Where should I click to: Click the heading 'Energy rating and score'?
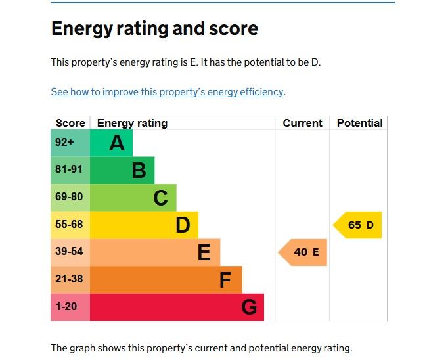point(154,29)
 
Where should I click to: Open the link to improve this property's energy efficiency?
point(168,92)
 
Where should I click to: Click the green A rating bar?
point(111,143)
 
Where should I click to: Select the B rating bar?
point(122,170)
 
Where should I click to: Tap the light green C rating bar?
point(133,198)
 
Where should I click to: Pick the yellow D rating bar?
point(144,225)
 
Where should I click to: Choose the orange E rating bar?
point(155,252)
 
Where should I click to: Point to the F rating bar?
point(166,280)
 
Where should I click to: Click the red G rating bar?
point(177,307)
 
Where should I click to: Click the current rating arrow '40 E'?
point(303,252)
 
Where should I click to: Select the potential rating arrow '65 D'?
point(358,225)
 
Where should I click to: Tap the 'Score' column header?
point(70,123)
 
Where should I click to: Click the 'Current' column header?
point(302,123)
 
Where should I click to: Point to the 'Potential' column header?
point(359,123)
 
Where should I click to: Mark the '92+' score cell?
point(70,143)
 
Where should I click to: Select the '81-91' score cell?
point(70,170)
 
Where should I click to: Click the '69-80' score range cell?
point(70,198)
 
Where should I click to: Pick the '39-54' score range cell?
point(70,252)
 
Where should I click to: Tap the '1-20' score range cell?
point(70,307)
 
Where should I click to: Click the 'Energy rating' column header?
point(132,123)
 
